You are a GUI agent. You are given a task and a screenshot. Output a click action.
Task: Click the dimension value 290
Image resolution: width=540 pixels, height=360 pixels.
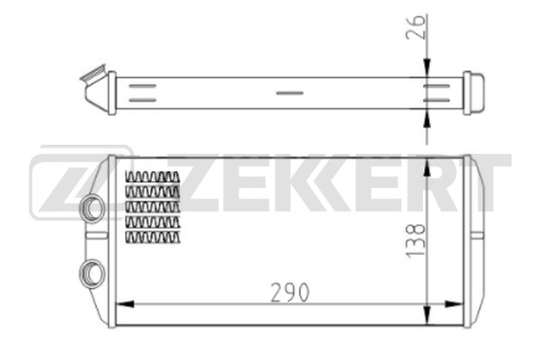click(289, 292)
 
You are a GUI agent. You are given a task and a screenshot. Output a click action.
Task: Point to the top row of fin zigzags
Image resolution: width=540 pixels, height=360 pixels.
click(153, 177)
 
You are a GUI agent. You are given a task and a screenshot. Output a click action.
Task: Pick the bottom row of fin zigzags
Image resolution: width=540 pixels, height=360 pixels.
click(153, 236)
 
